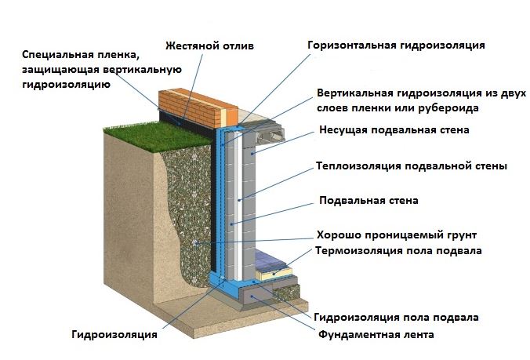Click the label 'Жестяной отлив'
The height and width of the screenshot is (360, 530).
click(x=209, y=45)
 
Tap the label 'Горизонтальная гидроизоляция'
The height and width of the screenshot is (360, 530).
click(x=396, y=45)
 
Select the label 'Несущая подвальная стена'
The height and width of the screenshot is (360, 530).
click(x=394, y=129)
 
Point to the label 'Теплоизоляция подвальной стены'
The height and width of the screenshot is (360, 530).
click(x=412, y=166)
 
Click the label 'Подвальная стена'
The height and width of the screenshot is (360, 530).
click(x=368, y=200)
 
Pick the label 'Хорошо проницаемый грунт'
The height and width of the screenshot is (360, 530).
click(x=397, y=235)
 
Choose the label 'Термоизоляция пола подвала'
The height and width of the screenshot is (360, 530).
click(x=398, y=251)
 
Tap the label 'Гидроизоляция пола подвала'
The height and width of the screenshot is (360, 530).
click(x=396, y=318)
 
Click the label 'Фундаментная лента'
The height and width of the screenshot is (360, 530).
click(x=376, y=335)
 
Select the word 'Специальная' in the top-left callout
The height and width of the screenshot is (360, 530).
click(x=56, y=54)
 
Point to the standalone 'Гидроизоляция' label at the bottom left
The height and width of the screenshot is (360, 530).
click(x=114, y=335)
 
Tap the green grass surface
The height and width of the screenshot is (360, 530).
click(x=159, y=135)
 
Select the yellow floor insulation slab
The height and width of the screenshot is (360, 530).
click(x=274, y=272)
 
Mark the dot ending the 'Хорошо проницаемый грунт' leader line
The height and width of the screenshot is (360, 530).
click(x=195, y=242)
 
